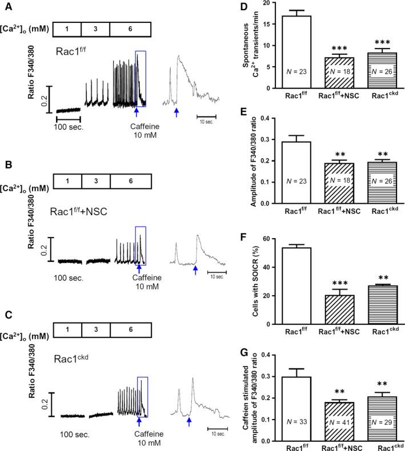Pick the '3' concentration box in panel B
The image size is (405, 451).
coord(95,181)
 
